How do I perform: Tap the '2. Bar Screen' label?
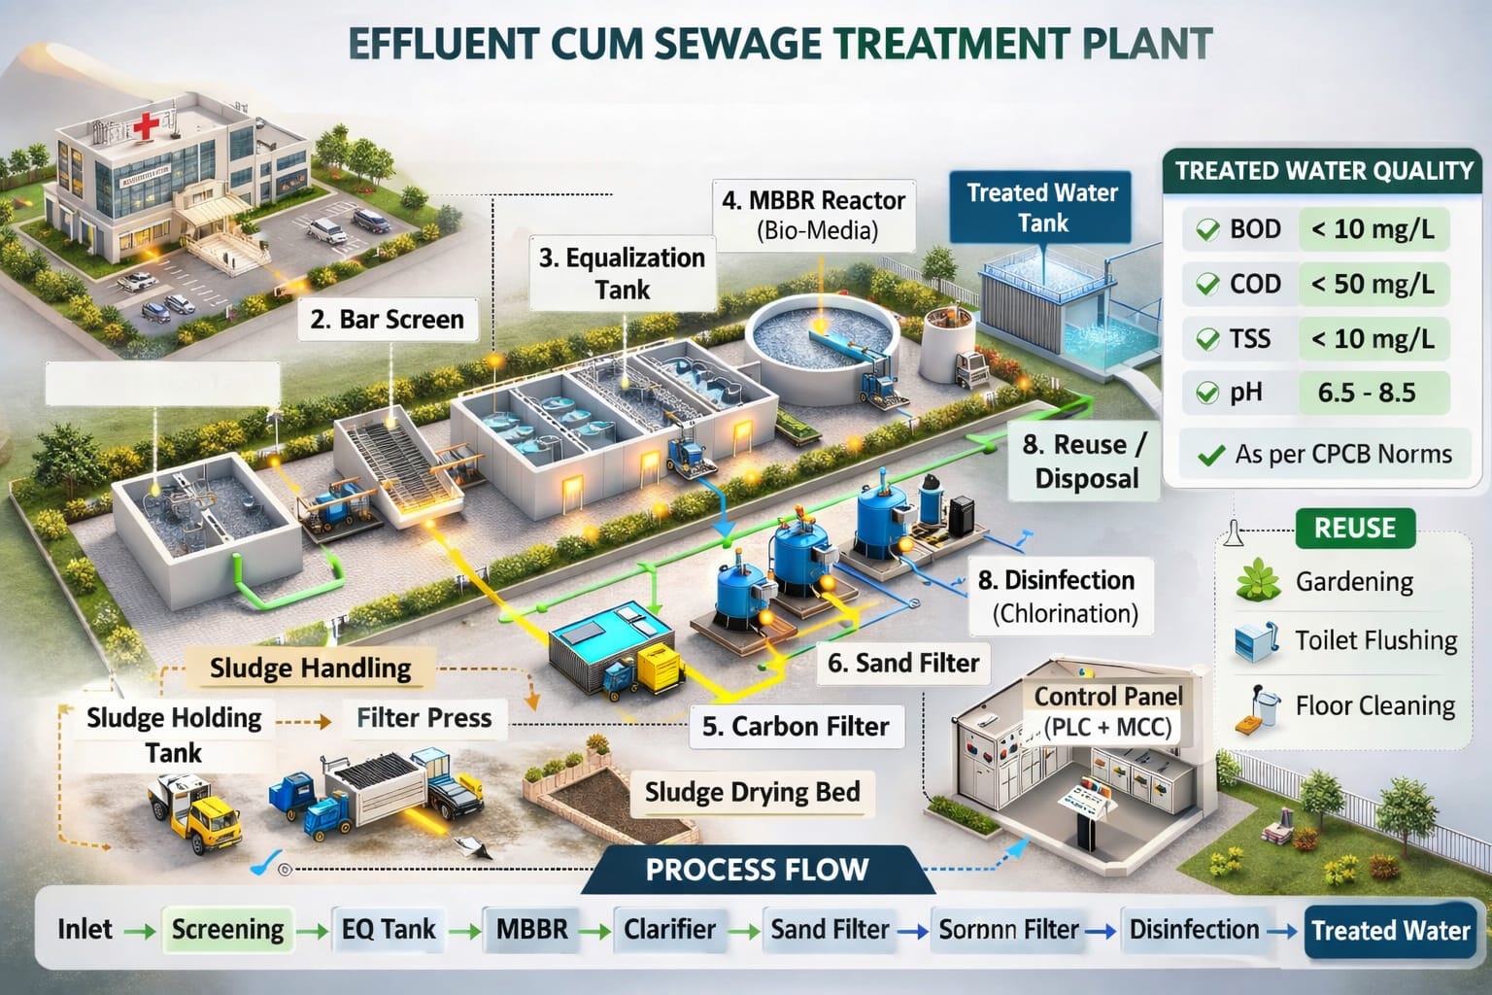coord(387,319)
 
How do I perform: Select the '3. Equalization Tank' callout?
coord(622,273)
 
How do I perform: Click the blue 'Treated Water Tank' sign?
coord(1043,207)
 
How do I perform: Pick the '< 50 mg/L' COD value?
coord(1372,284)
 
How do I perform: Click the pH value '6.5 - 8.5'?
coord(1367,393)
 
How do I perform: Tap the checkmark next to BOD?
coord(1207,229)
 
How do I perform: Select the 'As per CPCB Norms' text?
coord(1342,454)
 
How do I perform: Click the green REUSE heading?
coord(1354,528)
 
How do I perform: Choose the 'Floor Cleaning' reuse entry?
coord(1374,705)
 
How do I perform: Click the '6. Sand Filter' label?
coord(903,663)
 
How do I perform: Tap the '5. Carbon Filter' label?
coord(796,726)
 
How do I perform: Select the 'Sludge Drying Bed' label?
coord(752,792)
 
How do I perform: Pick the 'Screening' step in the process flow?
coord(227,929)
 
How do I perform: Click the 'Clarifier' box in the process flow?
coord(669,929)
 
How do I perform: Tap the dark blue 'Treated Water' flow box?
coord(1390,930)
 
